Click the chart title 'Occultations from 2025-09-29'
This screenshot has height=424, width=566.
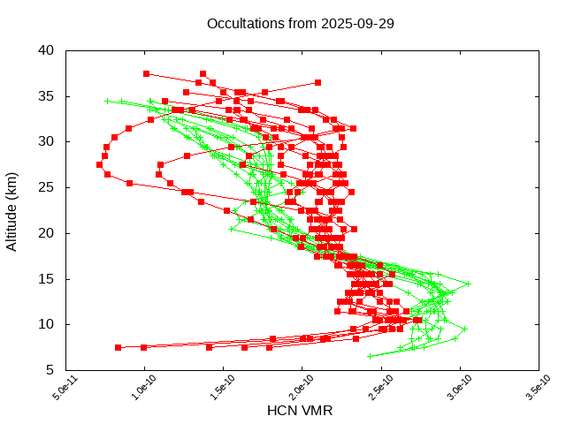(x=301, y=24)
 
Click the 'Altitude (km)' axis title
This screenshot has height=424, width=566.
(x=12, y=210)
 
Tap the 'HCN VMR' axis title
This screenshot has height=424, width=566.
(x=300, y=411)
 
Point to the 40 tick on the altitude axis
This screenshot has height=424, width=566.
(x=47, y=49)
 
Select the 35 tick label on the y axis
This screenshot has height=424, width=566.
(x=47, y=95)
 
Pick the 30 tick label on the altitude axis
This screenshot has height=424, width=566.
(x=47, y=141)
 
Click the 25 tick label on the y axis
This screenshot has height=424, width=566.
(x=47, y=187)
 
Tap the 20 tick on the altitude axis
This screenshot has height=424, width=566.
(x=47, y=233)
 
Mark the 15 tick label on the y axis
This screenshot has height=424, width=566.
(x=47, y=278)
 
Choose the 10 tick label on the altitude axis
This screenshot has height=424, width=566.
(x=47, y=324)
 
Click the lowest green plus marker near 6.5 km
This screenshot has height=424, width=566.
(x=370, y=356)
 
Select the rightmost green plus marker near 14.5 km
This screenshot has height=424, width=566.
(x=468, y=284)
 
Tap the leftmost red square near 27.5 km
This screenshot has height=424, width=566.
(x=100, y=164)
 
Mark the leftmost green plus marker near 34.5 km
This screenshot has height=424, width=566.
(x=107, y=101)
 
